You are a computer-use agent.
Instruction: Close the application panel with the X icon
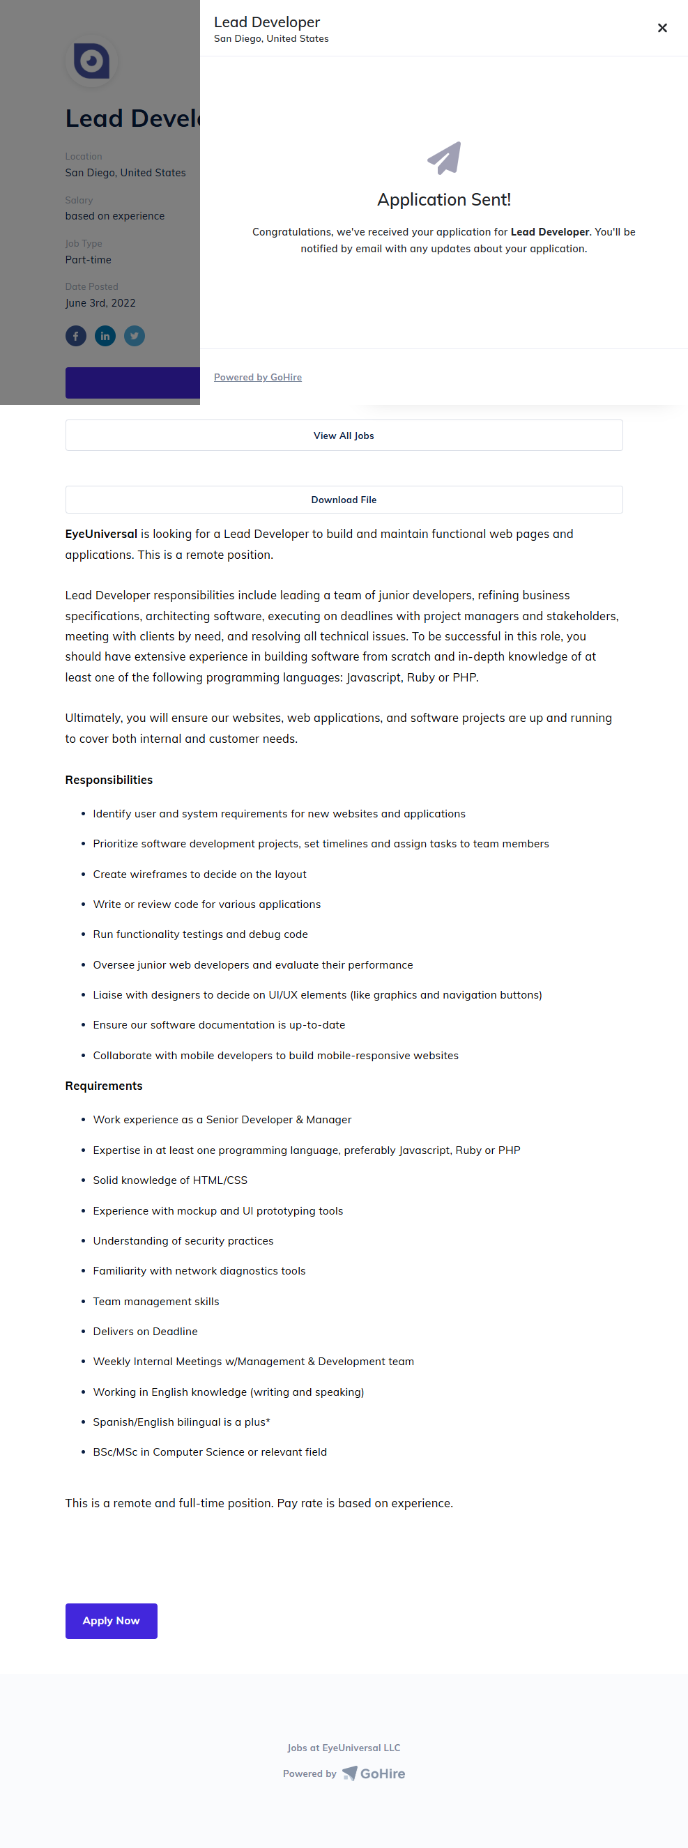point(662,28)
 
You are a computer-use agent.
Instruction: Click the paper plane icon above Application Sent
point(444,157)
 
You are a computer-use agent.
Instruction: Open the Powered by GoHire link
point(257,378)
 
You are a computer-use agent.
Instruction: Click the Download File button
point(344,500)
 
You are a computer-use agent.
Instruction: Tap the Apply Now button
point(112,1621)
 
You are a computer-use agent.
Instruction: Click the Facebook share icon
point(76,336)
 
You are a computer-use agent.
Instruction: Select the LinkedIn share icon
point(105,336)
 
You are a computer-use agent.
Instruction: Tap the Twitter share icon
point(134,336)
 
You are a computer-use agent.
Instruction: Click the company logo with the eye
point(92,61)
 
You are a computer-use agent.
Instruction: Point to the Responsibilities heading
point(109,780)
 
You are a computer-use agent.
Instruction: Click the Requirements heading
point(104,1086)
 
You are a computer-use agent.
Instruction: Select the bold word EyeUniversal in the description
point(101,534)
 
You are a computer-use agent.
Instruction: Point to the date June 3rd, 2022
point(100,302)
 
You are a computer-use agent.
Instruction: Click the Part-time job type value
point(89,260)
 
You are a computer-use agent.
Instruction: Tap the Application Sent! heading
point(444,199)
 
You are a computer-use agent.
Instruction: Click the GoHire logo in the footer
point(374,1773)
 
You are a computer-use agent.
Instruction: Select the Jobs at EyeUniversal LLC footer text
point(344,1748)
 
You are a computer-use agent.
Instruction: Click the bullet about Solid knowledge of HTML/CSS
point(170,1180)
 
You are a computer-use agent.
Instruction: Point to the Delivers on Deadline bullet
point(145,1332)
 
